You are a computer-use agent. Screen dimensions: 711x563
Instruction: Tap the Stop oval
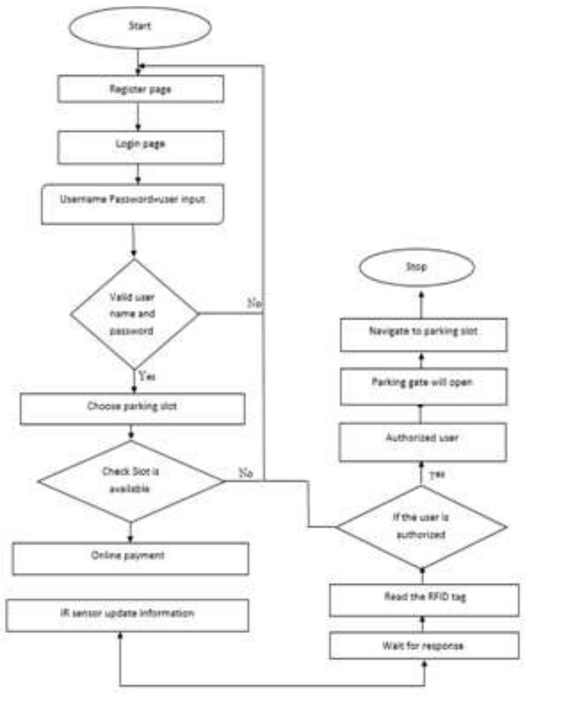pos(417,267)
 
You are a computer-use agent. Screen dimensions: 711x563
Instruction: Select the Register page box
pos(140,89)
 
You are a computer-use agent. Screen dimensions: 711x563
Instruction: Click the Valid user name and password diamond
pos(134,314)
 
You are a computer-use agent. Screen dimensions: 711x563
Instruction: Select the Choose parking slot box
pos(132,408)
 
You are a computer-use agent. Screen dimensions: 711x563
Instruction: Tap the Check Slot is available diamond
pos(131,481)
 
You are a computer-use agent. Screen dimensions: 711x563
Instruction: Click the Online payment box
pos(130,558)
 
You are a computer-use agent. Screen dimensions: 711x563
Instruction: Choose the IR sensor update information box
pos(127,615)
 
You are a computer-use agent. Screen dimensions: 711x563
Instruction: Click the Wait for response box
pos(424,646)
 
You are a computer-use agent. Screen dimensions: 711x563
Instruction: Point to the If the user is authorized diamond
pos(421,527)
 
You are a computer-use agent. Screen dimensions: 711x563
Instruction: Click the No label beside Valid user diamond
pos(254,302)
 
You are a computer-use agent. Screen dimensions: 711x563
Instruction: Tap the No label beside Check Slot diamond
pos(245,473)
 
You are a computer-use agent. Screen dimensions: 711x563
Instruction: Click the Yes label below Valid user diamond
pos(147,376)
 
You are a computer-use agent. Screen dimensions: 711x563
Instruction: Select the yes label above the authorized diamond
pos(437,474)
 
